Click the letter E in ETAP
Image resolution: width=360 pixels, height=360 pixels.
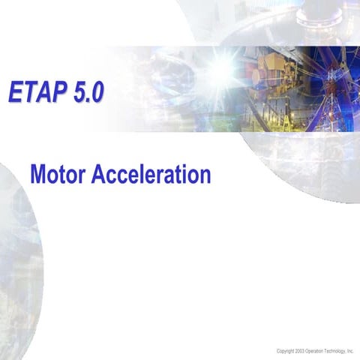coord(16,91)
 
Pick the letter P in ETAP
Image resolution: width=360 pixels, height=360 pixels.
coord(58,91)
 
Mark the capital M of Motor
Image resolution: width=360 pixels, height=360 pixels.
coord(38,174)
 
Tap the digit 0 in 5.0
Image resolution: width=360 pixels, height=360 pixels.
coord(97,91)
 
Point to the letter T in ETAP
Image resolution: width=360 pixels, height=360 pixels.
coord(29,91)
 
